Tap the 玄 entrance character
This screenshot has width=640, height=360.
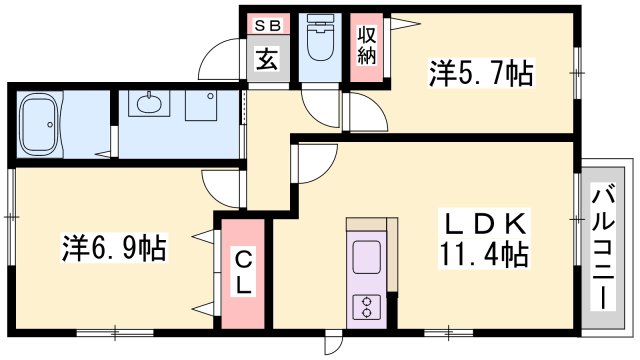(266, 59)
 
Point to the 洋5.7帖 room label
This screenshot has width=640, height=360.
(481, 73)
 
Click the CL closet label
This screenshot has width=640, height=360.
(245, 272)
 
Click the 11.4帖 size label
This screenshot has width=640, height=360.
(480, 255)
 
